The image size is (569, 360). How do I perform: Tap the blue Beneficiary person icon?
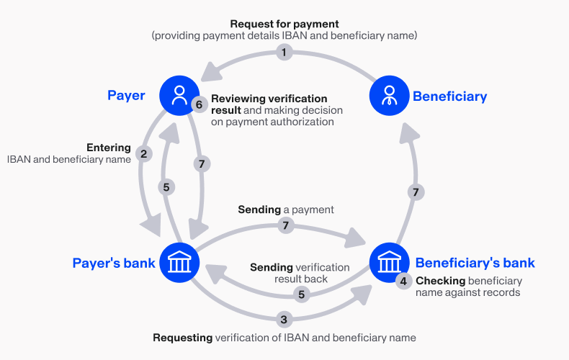click(390, 96)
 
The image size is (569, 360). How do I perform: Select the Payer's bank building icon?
click(179, 263)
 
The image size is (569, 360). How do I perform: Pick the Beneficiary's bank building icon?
click(390, 263)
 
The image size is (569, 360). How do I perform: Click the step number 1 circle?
click(284, 52)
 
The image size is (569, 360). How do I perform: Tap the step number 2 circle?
click(144, 153)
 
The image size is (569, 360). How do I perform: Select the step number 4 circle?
click(403, 281)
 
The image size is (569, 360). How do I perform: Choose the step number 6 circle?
click(200, 104)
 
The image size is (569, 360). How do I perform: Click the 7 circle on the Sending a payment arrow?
click(286, 225)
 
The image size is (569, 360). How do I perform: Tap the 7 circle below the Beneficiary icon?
click(413, 192)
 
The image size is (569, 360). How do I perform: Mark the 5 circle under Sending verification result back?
click(301, 294)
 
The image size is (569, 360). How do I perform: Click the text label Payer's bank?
click(114, 263)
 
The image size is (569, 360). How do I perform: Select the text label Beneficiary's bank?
click(475, 263)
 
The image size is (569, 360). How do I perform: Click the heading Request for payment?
click(284, 23)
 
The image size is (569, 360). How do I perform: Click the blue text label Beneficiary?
click(449, 96)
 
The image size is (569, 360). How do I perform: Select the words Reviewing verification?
click(269, 99)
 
